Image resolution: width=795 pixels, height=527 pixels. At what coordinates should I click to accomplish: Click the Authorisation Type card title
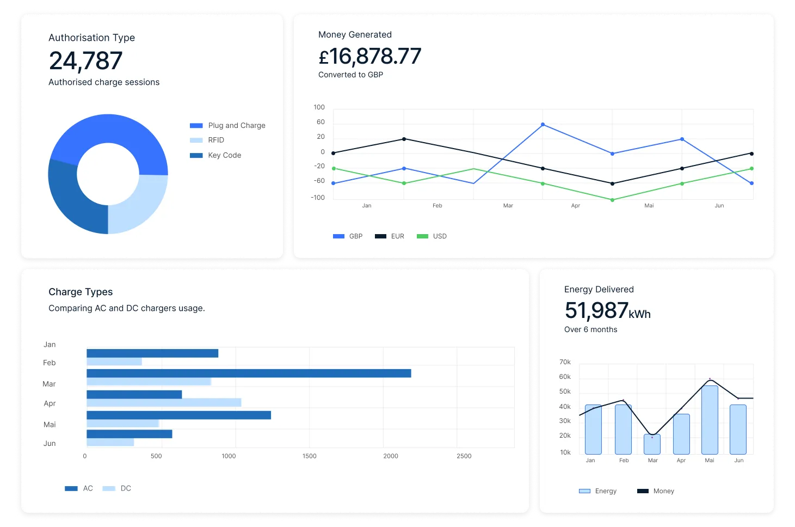point(91,38)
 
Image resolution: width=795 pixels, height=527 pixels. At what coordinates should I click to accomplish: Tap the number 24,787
point(85,60)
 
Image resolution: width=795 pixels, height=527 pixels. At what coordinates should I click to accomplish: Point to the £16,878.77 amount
point(370,56)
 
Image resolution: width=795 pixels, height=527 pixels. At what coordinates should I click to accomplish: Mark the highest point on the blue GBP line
point(543,125)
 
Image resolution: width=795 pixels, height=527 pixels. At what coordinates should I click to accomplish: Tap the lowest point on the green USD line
point(612,200)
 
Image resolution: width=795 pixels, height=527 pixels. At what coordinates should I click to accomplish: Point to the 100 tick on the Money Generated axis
point(319,107)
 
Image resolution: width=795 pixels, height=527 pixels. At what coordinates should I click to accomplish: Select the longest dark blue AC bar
point(249,373)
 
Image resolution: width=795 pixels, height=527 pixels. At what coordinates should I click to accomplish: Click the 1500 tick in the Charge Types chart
point(309,456)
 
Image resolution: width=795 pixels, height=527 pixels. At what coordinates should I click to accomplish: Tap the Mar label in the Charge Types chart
point(49,384)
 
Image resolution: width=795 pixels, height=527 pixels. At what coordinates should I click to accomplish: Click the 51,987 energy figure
point(596,310)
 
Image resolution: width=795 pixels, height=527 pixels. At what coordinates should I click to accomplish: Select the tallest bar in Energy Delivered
point(710,419)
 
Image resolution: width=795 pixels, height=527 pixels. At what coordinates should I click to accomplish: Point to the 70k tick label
point(565,362)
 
